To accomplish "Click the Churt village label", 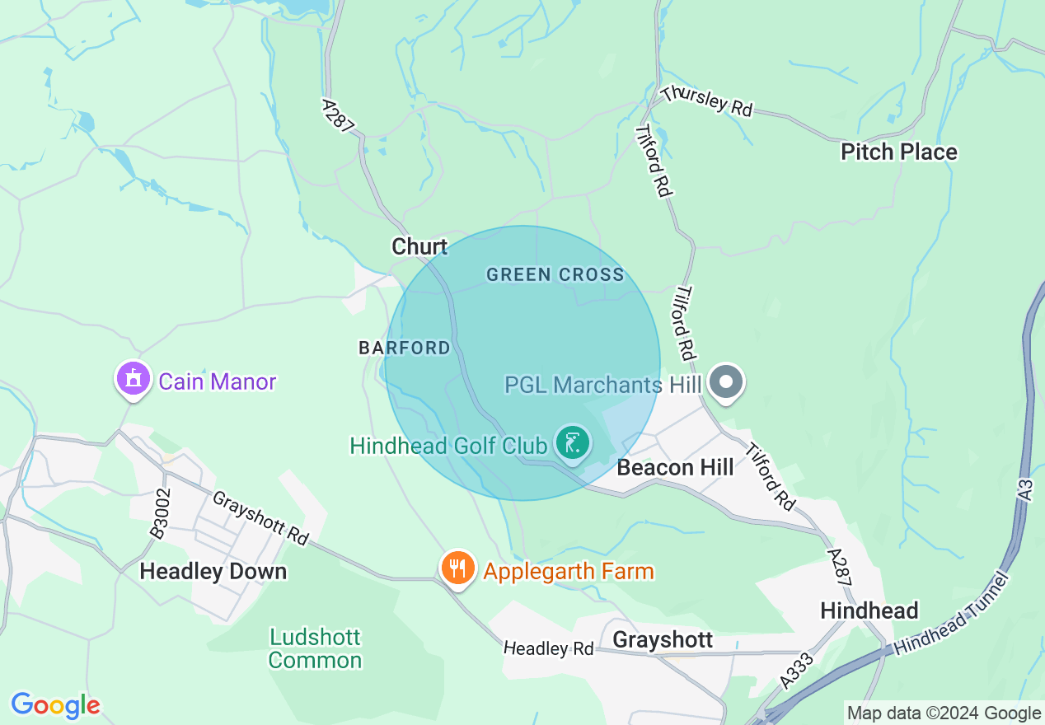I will click(x=419, y=246).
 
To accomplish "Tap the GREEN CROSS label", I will click(x=555, y=274).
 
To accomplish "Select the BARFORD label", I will click(x=405, y=348).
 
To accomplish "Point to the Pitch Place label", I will click(x=898, y=152).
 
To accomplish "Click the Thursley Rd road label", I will click(x=707, y=101).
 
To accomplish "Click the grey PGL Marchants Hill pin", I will click(x=726, y=382).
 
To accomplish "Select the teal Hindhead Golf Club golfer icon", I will click(x=573, y=443).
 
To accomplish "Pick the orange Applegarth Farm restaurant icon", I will click(x=457, y=568).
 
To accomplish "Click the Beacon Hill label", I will click(x=675, y=467).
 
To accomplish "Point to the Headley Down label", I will click(x=213, y=571).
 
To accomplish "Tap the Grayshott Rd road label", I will click(x=260, y=518).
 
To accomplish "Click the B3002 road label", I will click(x=161, y=514).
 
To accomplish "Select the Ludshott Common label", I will click(x=315, y=648).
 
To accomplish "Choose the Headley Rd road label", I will click(x=549, y=648).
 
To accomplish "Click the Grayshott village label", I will click(x=663, y=640).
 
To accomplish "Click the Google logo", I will click(x=55, y=705).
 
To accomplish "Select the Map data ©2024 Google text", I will click(x=944, y=713).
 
